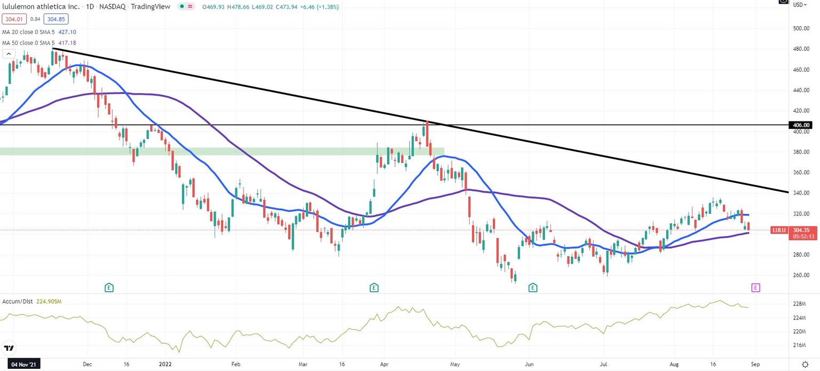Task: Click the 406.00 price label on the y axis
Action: [801, 125]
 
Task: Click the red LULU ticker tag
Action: [779, 230]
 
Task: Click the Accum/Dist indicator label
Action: [17, 302]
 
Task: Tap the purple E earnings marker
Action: [755, 288]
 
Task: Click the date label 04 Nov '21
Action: [20, 364]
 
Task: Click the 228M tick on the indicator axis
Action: [799, 304]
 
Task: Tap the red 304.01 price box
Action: [13, 19]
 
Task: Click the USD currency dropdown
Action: [799, 5]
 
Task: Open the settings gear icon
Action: [805, 364]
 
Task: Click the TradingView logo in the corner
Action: [8, 348]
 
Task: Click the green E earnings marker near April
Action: [374, 288]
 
